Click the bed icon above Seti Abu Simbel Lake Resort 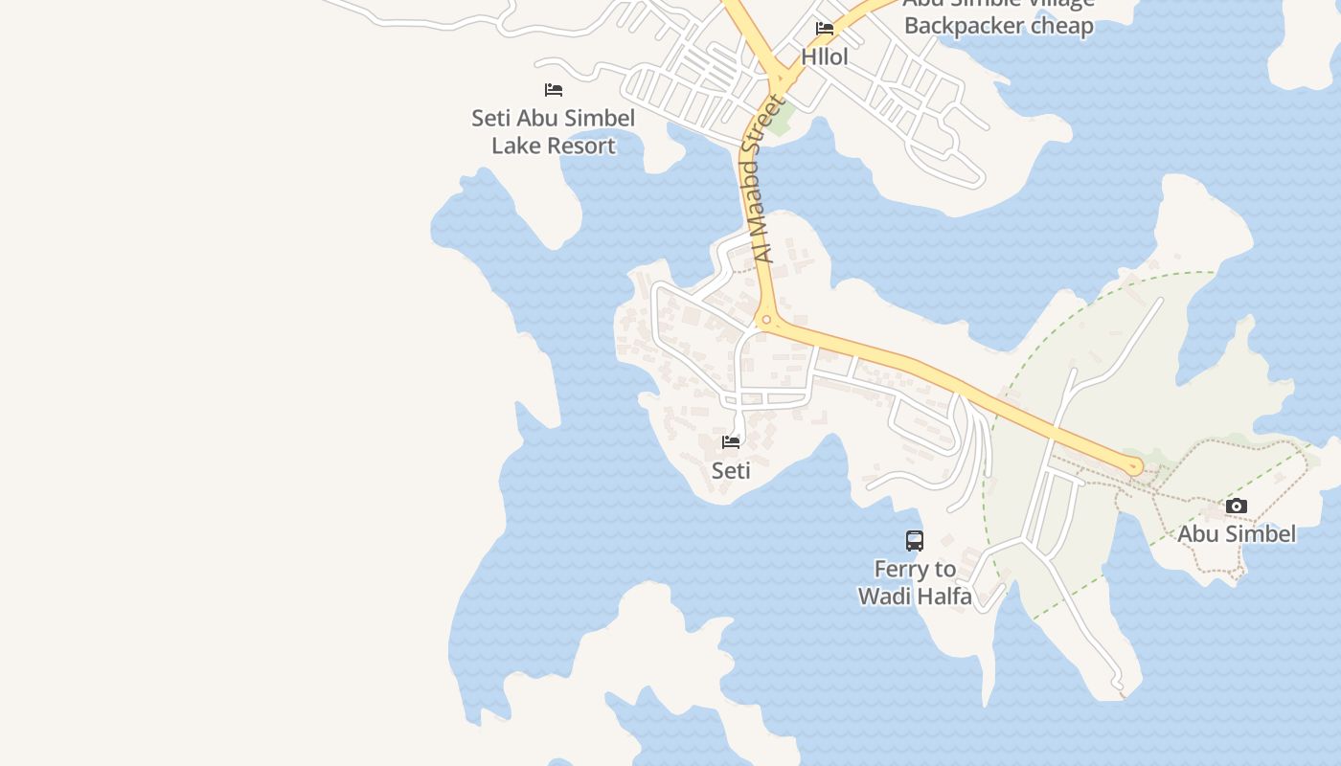[554, 90]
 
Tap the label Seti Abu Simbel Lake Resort [554, 132]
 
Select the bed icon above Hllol [825, 29]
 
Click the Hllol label [825, 57]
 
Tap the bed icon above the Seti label [731, 442]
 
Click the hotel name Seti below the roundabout [731, 471]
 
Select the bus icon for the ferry [915, 541]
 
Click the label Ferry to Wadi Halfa [915, 583]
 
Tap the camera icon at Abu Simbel [1237, 506]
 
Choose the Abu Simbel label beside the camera [1237, 534]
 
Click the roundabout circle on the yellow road [766, 320]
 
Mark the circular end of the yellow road [1135, 467]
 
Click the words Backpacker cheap [999, 26]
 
